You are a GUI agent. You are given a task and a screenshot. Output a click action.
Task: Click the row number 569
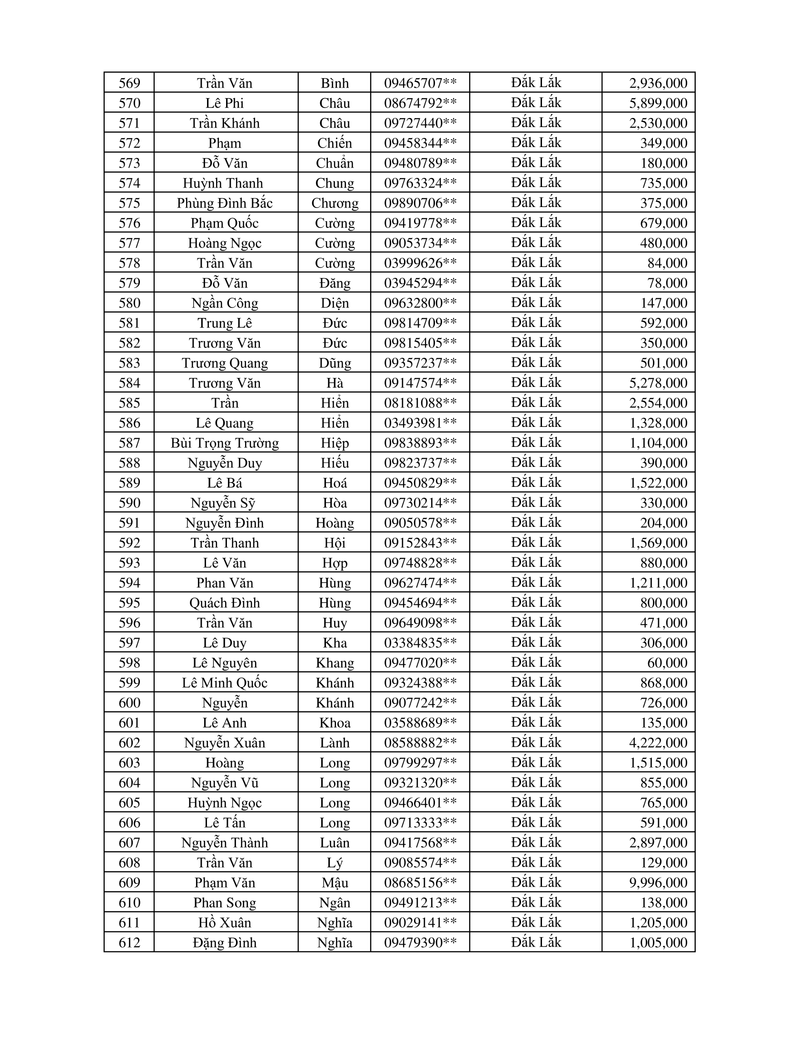click(x=129, y=83)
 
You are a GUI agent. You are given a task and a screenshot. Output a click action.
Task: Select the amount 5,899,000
click(x=658, y=103)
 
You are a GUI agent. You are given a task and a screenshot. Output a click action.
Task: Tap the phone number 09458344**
click(x=420, y=143)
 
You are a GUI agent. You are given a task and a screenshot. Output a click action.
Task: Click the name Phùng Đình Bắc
click(x=224, y=203)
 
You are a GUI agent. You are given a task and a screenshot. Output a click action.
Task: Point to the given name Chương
click(x=335, y=203)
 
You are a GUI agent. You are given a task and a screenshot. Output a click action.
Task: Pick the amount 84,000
click(x=667, y=263)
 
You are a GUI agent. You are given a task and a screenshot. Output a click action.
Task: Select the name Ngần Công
click(x=224, y=304)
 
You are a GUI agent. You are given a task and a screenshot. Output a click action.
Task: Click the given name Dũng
click(x=335, y=364)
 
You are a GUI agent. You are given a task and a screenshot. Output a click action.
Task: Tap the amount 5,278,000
click(x=658, y=383)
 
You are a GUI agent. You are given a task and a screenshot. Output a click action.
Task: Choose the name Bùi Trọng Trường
click(x=224, y=443)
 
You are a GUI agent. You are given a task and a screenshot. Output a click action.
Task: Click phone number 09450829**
click(x=420, y=483)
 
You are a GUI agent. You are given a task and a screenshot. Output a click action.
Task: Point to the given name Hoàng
click(x=335, y=523)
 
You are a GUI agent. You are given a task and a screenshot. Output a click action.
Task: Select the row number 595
click(x=129, y=603)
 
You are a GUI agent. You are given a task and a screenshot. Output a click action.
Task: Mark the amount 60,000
click(x=667, y=663)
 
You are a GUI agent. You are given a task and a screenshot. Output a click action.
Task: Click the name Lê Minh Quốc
click(x=224, y=683)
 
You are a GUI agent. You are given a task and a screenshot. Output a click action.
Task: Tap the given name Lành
click(x=335, y=743)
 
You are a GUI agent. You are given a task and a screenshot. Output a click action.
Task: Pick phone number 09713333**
click(x=420, y=823)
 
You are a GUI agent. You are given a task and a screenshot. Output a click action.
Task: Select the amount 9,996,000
click(x=658, y=882)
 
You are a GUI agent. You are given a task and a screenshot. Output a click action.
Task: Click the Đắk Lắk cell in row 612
click(x=536, y=942)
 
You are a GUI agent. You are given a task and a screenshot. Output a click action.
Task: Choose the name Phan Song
click(x=224, y=903)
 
